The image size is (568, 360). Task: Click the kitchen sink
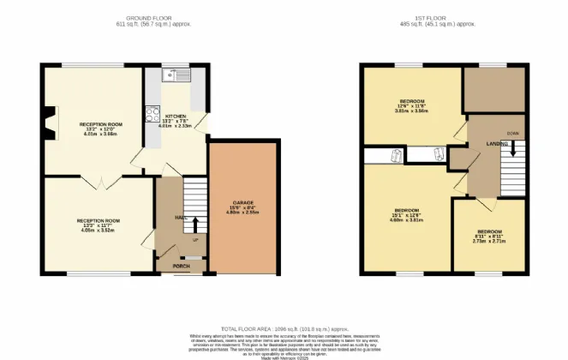click(176, 75)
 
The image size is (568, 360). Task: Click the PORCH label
click(181, 265)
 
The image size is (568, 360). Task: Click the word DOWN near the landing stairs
click(511, 133)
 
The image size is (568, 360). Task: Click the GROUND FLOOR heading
click(149, 17)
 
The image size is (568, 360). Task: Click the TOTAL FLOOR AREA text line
click(284, 328)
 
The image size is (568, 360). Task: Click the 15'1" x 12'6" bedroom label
click(406, 214)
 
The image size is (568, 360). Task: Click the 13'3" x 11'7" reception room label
click(100, 225)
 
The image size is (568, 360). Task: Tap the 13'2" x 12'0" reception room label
click(101, 129)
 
